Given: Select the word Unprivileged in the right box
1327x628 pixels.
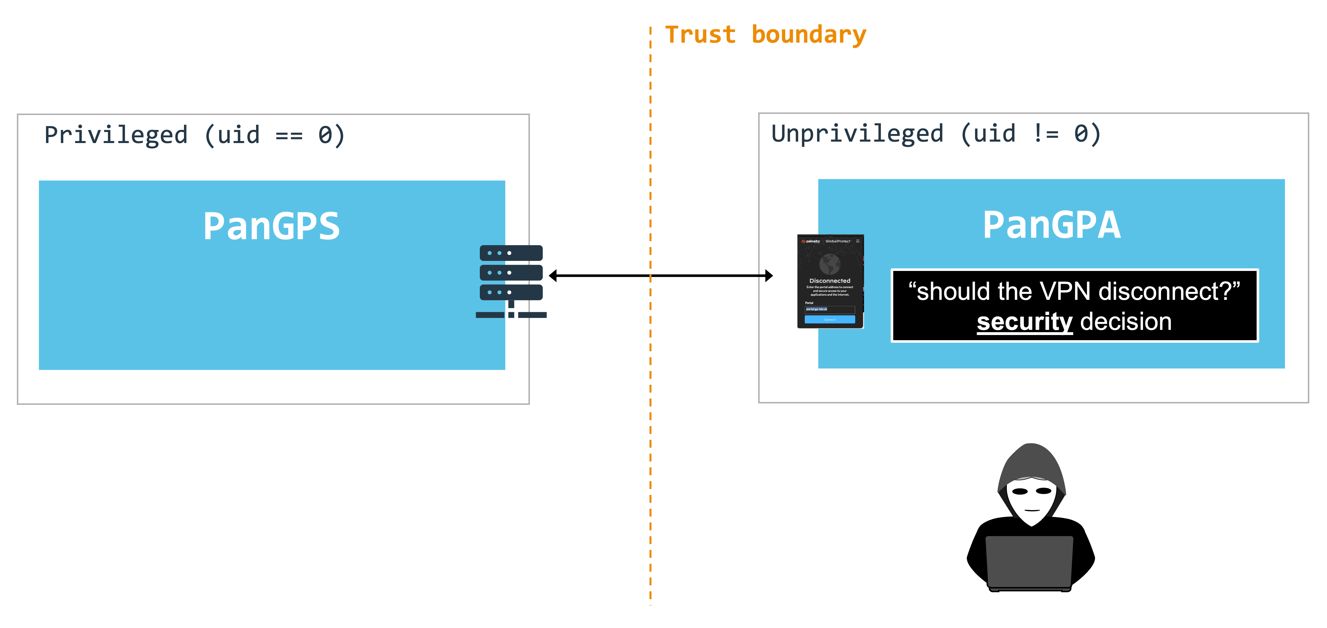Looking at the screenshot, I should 857,134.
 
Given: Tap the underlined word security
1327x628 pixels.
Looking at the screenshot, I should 1024,322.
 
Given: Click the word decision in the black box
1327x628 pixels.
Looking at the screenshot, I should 1126,322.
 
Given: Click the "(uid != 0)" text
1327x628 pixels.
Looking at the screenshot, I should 1030,134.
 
